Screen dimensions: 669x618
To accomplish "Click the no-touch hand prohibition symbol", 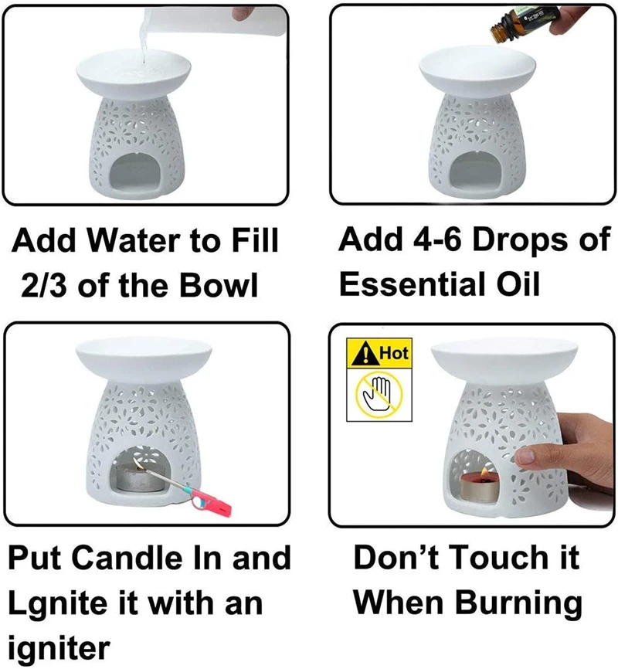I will tap(377, 392).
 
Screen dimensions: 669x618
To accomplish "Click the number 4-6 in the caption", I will tap(434, 242).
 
